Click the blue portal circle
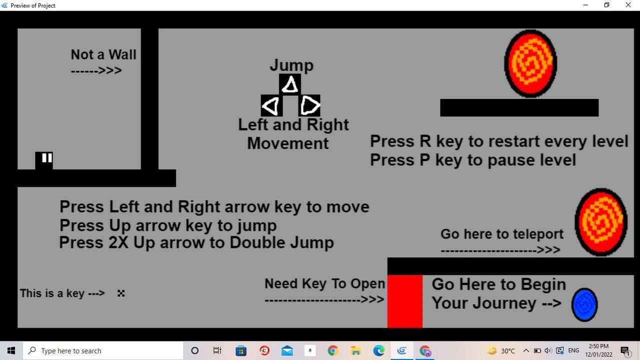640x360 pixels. (584, 305)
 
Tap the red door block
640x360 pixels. (405, 301)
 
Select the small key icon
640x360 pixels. (121, 293)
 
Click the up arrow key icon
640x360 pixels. (289, 84)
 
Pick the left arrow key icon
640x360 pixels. (271, 105)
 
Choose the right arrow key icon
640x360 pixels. (309, 105)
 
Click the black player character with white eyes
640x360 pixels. (44, 160)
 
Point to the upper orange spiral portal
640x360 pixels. (530, 63)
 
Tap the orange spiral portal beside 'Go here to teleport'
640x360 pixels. (601, 222)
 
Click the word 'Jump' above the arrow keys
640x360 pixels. (291, 65)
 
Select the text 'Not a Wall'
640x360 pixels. (103, 54)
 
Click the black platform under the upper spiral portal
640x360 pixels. (519, 107)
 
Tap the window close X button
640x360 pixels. (628, 5)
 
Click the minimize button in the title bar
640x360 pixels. (585, 5)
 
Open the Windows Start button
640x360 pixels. (11, 350)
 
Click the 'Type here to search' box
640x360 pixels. (103, 350)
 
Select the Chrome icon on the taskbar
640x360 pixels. (333, 350)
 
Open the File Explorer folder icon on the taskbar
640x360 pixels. (355, 350)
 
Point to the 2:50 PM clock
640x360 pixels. (598, 346)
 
